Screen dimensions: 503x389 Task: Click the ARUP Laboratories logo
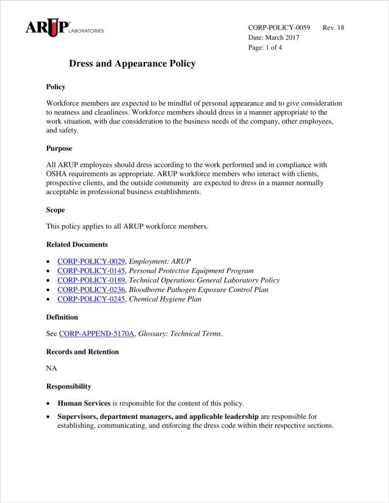pos(64,28)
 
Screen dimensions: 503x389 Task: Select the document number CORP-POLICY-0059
pos(279,28)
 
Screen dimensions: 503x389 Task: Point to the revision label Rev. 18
pos(333,28)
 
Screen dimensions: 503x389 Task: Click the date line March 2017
pos(273,38)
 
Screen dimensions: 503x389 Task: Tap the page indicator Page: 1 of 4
pos(265,48)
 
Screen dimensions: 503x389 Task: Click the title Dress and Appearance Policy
pos(132,64)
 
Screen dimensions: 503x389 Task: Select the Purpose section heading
pos(59,149)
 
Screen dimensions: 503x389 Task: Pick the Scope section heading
pos(55,210)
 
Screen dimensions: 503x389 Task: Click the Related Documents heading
pos(77,244)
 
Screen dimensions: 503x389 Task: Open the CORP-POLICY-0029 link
pos(91,261)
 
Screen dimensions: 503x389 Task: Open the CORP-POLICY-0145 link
pos(91,271)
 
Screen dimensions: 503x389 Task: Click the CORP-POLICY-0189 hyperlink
pos(91,280)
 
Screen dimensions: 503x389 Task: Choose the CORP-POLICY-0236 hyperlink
pos(91,289)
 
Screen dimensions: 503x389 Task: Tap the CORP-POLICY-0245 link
pos(91,299)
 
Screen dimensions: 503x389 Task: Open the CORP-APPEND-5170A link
pos(97,334)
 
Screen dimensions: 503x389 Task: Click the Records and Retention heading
pos(82,352)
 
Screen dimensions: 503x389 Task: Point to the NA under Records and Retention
pos(51,368)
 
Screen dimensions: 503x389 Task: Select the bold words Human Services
pos(84,403)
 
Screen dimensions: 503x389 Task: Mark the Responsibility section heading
pos(69,387)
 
